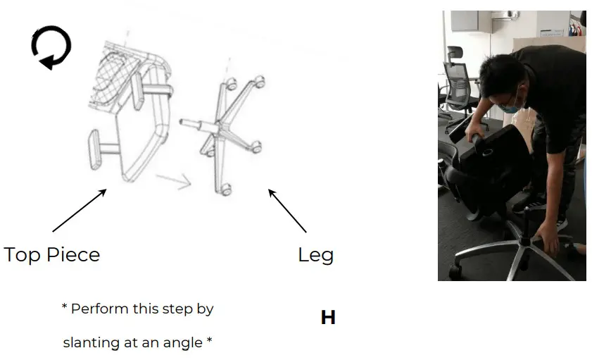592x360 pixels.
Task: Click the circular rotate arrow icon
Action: pyautogui.click(x=51, y=47)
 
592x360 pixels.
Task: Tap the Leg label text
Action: pyautogui.click(x=315, y=254)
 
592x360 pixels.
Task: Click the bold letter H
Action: pyautogui.click(x=328, y=318)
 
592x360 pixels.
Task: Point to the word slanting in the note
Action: pyautogui.click(x=93, y=343)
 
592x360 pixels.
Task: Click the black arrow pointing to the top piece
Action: pyautogui.click(x=79, y=210)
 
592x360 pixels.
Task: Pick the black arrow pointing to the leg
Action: pyautogui.click(x=287, y=210)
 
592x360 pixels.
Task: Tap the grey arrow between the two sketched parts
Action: pyautogui.click(x=174, y=181)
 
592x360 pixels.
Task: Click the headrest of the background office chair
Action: pyautogui.click(x=455, y=54)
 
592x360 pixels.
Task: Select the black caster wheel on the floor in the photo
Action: pyautogui.click(x=457, y=269)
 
